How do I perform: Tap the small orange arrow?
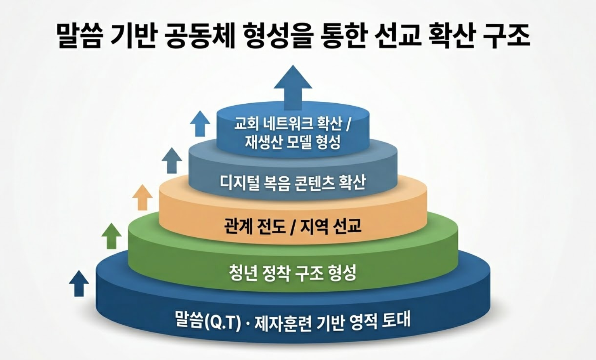tap(142, 197)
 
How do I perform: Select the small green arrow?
tap(111, 236)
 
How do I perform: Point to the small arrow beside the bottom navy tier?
tap(79, 283)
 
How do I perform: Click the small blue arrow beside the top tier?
tap(200, 123)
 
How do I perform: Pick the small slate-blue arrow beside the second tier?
tap(172, 160)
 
